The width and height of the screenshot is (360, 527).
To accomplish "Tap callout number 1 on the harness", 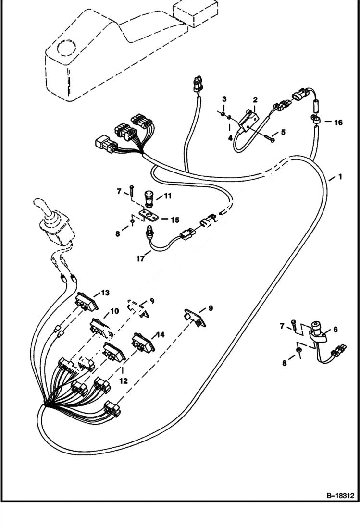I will pyautogui.click(x=340, y=177).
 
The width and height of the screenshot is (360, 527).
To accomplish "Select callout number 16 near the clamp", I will pyautogui.click(x=338, y=123).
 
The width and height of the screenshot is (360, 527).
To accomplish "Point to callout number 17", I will pyautogui.click(x=140, y=258).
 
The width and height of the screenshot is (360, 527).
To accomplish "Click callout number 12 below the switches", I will pyautogui.click(x=124, y=381).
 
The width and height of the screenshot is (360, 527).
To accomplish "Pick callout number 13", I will pyautogui.click(x=105, y=293).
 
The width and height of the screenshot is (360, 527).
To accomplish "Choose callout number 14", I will pyautogui.click(x=160, y=334).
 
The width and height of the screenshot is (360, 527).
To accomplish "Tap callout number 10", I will pyautogui.click(x=114, y=311).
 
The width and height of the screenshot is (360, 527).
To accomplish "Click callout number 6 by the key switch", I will pyautogui.click(x=335, y=329).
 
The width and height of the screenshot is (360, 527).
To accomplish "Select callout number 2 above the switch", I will pyautogui.click(x=255, y=100).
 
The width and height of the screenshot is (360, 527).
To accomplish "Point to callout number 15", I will pyautogui.click(x=175, y=220).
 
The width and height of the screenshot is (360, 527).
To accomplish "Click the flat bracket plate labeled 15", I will pyautogui.click(x=147, y=214).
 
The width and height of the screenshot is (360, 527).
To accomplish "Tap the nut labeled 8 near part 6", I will pyautogui.click(x=298, y=352).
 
